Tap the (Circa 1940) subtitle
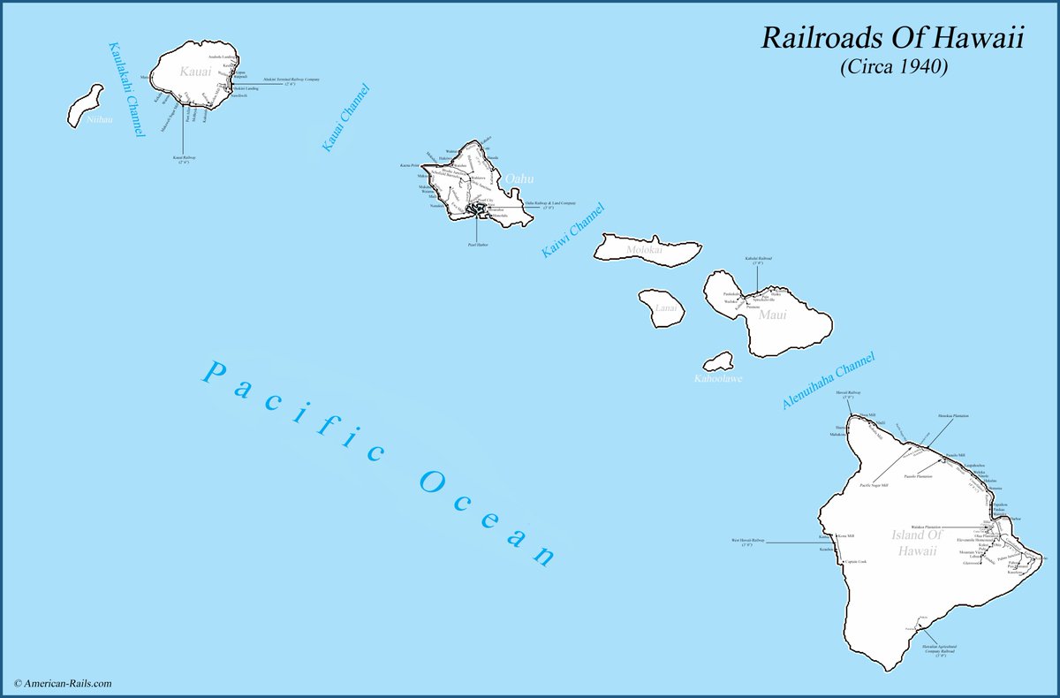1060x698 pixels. [x=894, y=67]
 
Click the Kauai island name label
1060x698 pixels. [x=196, y=72]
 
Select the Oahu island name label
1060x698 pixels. [x=521, y=179]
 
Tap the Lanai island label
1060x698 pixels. [x=668, y=308]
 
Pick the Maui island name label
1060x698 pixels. [x=772, y=314]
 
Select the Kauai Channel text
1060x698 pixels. [x=344, y=118]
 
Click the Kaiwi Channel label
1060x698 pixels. [x=573, y=231]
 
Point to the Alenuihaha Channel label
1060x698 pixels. [x=828, y=381]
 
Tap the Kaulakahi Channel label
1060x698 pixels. [x=125, y=89]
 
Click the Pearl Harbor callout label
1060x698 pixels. [x=477, y=245]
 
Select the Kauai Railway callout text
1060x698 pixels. [x=184, y=160]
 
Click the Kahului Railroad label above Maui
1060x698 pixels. [x=758, y=261]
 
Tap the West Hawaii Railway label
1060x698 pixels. [x=747, y=542]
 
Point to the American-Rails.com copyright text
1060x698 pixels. [x=63, y=683]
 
